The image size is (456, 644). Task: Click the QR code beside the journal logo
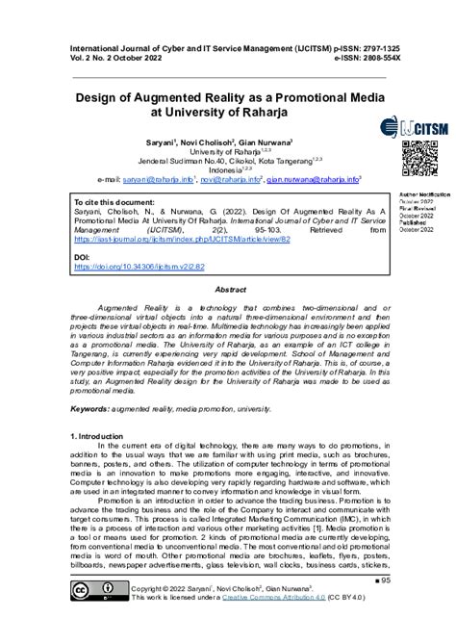(420, 156)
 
